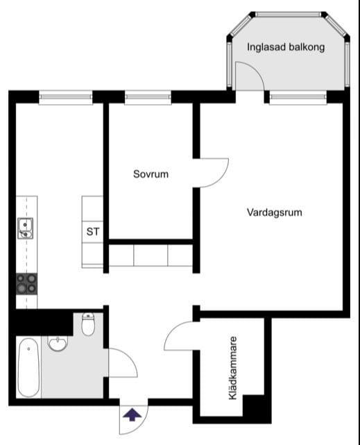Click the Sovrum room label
click(151, 174)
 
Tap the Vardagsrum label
click(275, 212)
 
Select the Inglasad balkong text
click(286, 47)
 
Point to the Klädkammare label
click(233, 368)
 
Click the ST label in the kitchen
click(93, 232)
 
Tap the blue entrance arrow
click(132, 415)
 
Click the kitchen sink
click(26, 228)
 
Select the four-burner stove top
click(26, 284)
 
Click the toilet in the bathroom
click(88, 324)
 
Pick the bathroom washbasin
click(58, 344)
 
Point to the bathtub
click(28, 367)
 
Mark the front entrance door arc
click(140, 426)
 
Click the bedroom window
click(148, 97)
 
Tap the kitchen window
click(66, 97)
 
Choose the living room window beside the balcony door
click(298, 97)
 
